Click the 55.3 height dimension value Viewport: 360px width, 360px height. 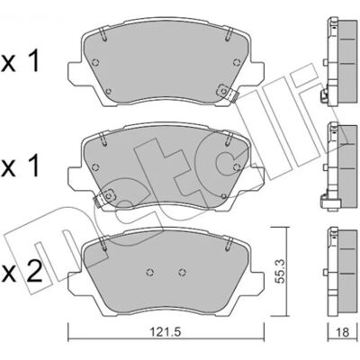(x=279, y=271)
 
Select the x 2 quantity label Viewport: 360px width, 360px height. (x=22, y=272)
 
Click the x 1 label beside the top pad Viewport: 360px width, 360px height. (x=21, y=62)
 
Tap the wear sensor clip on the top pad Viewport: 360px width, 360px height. (x=227, y=93)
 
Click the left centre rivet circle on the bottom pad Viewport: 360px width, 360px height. (x=150, y=272)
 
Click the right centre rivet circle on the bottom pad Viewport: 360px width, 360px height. (x=182, y=272)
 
